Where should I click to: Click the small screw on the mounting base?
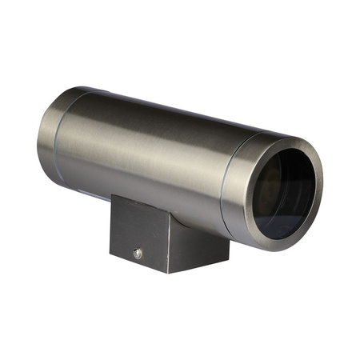point(138,254)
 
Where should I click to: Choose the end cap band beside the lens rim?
point(240,184)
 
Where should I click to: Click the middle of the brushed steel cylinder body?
point(144,152)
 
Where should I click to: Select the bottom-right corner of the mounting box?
point(229,259)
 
